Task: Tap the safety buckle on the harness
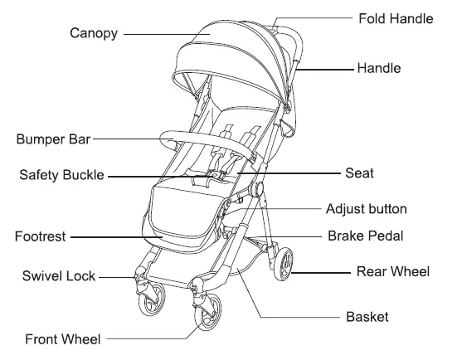click(x=213, y=175)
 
